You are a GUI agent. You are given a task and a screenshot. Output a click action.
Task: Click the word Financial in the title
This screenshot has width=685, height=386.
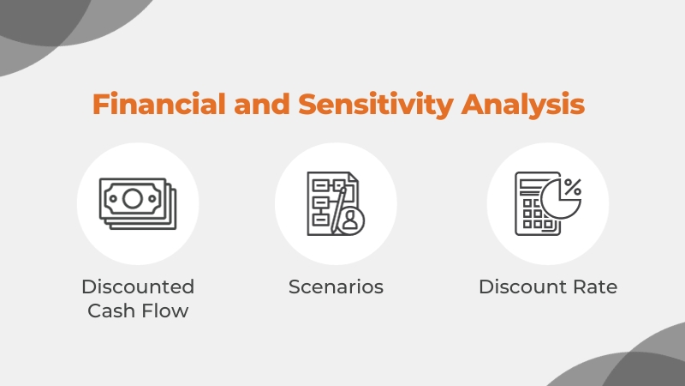pyautogui.click(x=159, y=104)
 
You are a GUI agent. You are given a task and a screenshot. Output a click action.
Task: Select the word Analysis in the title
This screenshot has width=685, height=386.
pyautogui.click(x=523, y=105)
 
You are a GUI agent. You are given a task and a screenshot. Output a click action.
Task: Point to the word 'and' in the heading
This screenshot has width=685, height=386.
pyautogui.click(x=262, y=104)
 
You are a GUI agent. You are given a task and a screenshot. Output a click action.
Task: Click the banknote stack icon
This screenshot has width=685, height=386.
pyautogui.click(x=138, y=203)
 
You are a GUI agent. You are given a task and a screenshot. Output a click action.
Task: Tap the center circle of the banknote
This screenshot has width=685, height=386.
pyautogui.click(x=133, y=199)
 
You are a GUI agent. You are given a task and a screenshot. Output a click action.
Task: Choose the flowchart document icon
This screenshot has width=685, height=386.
pyautogui.click(x=336, y=203)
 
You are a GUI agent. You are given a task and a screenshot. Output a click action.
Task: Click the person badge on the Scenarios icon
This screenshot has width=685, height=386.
pyautogui.click(x=350, y=221)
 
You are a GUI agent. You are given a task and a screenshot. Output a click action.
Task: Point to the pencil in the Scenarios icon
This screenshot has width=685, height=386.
pyautogui.click(x=338, y=210)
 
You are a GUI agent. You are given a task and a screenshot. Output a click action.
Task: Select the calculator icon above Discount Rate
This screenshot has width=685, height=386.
pyautogui.click(x=548, y=203)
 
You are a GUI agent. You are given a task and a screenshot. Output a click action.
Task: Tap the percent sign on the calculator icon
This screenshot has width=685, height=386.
pyautogui.click(x=573, y=187)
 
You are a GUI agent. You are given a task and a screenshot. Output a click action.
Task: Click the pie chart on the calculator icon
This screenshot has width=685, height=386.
pyautogui.click(x=560, y=199)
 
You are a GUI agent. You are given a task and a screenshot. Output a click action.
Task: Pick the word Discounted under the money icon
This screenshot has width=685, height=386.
pyautogui.click(x=138, y=287)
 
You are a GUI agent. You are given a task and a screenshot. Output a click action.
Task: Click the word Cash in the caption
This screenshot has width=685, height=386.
pyautogui.click(x=111, y=311)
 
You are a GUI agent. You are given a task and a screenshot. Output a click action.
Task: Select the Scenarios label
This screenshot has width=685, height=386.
pyautogui.click(x=336, y=287)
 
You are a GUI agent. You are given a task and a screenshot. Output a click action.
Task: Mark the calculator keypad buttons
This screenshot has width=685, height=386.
pyautogui.click(x=535, y=214)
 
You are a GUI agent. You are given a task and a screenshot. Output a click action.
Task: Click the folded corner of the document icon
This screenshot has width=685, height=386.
pyautogui.click(x=353, y=177)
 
